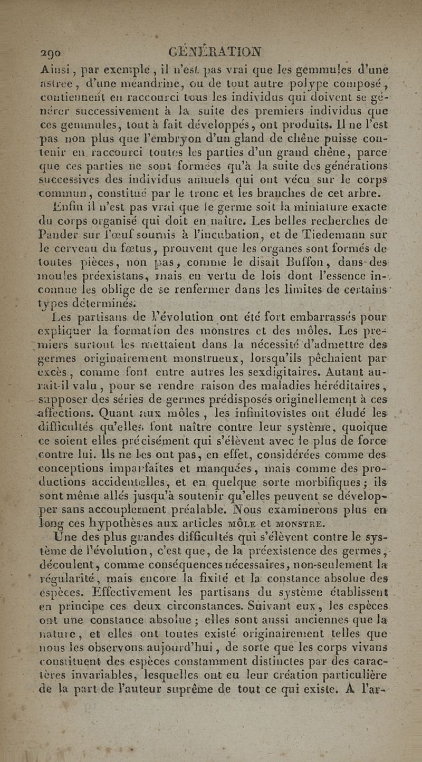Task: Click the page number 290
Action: (x=53, y=52)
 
